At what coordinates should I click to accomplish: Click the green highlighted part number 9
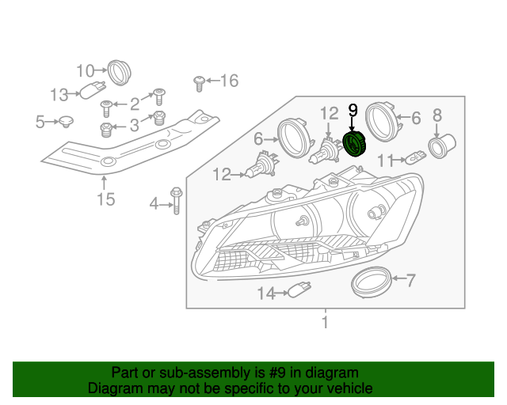tap(355, 145)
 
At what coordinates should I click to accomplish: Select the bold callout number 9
tap(353, 110)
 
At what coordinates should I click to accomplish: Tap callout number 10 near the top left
tap(86, 70)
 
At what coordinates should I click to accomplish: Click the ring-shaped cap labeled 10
tap(119, 73)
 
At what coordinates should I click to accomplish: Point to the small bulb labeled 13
tap(93, 90)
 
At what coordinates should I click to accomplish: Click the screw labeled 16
tap(199, 84)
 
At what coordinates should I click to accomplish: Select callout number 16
tap(230, 81)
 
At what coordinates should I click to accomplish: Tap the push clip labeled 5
tap(66, 121)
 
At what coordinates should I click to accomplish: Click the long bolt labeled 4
tap(176, 201)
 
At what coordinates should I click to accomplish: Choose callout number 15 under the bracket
tap(106, 199)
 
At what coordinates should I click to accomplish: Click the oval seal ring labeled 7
tap(372, 282)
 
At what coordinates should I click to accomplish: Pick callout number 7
tap(410, 280)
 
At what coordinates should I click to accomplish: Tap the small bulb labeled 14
tap(299, 289)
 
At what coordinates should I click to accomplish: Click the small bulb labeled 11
tap(415, 157)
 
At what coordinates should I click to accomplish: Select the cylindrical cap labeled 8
tap(442, 146)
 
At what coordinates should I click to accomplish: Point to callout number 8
tap(437, 115)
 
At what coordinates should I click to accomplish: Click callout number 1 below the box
tap(326, 323)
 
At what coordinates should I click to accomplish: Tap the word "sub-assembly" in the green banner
tap(204, 373)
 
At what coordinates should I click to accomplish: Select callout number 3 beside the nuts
tap(134, 125)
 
